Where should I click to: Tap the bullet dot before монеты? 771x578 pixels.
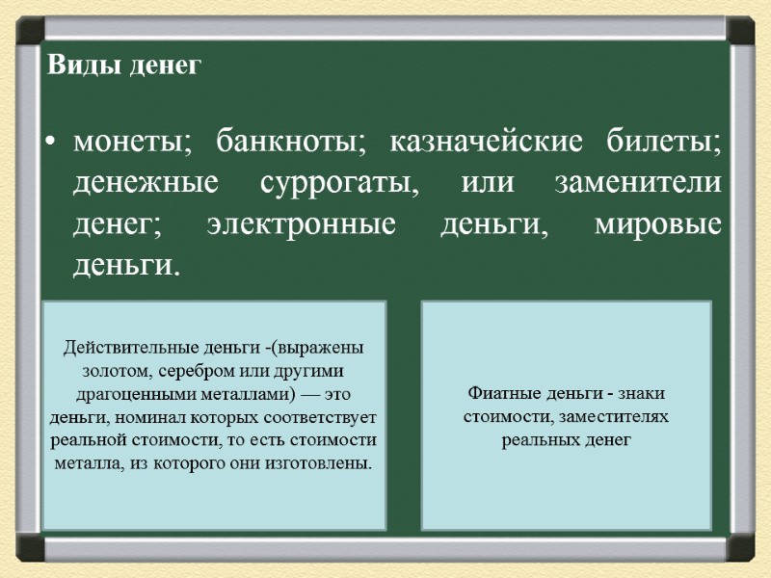[49, 145]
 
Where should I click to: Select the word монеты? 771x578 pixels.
[125, 144]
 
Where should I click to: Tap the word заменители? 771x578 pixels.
[640, 183]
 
